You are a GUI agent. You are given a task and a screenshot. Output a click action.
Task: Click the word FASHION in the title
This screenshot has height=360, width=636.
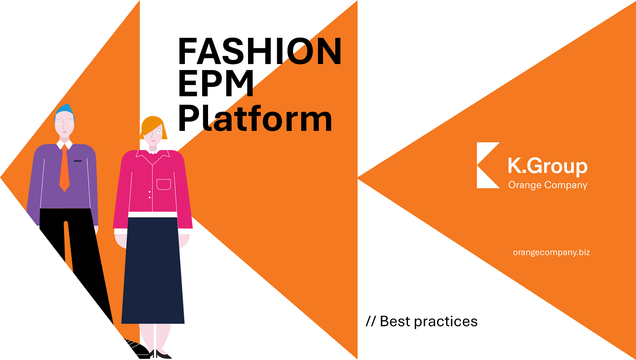coord(259,51)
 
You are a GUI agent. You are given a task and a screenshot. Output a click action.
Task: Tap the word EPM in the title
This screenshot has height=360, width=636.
coord(216,84)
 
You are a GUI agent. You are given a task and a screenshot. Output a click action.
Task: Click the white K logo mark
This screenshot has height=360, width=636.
coord(488,165)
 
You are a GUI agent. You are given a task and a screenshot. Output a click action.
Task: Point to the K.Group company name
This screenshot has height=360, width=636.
coord(547,166)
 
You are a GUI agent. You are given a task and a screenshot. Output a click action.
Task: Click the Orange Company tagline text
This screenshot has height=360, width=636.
coord(548,185)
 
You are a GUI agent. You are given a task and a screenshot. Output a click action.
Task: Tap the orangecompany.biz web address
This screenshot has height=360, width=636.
coord(552,252)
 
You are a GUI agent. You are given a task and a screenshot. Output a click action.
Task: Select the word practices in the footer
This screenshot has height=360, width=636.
coord(446,322)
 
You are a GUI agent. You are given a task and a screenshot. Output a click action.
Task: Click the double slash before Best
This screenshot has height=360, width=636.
coord(371,321)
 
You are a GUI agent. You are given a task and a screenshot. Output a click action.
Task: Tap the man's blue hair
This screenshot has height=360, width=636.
coord(65,111)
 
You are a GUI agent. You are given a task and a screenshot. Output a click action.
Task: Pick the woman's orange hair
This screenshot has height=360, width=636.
coord(153,127)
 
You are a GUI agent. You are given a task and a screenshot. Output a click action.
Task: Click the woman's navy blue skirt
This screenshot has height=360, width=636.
coord(153,270)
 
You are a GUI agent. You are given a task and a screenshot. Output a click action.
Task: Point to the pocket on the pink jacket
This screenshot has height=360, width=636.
coord(164,185)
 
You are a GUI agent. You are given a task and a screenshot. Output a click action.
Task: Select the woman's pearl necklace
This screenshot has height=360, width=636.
coord(153,152)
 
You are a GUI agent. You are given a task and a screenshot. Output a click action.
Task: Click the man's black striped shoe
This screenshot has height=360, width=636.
coord(137,348)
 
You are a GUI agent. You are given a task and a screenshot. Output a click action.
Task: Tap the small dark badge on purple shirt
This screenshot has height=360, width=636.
coord(78,161)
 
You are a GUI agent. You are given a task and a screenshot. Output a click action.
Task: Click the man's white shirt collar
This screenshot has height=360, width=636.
coord(65,145)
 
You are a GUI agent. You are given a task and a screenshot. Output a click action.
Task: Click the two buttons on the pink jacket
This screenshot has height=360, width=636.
coord(149,195)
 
